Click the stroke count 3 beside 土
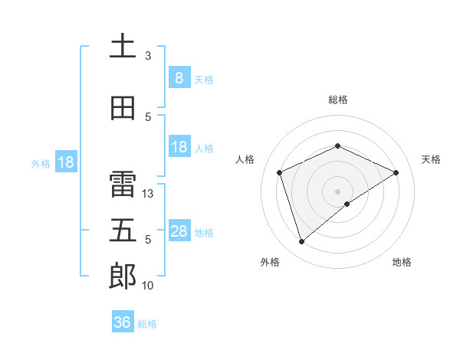tap(148, 56)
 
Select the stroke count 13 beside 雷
tap(149, 194)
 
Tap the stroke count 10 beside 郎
tap(149, 286)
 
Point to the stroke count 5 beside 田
tap(148, 117)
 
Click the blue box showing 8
tap(179, 78)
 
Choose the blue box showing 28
tap(179, 231)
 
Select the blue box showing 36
tap(122, 322)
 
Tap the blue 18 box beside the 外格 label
tap(65, 162)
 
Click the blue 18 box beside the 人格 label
tap(179, 147)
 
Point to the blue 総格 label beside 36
tap(147, 324)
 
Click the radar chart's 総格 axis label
tap(338, 100)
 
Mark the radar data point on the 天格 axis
tap(396, 172)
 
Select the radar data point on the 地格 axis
tap(347, 204)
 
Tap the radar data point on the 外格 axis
tap(301, 242)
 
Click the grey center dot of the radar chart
tap(338, 191)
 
